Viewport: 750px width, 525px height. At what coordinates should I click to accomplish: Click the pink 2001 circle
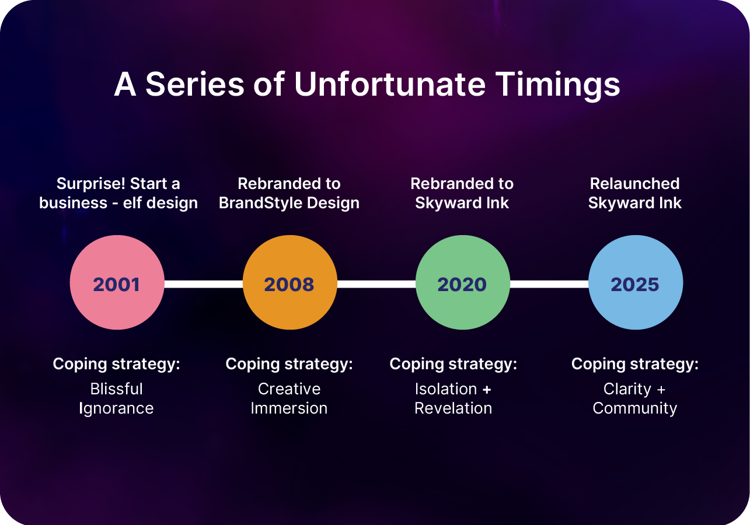pyautogui.click(x=117, y=282)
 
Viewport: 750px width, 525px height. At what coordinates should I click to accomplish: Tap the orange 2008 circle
pyautogui.click(x=290, y=282)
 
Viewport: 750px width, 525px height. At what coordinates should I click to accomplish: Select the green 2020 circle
pyautogui.click(x=463, y=282)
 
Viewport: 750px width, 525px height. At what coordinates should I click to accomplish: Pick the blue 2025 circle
pyautogui.click(x=636, y=282)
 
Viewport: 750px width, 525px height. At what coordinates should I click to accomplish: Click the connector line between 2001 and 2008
pyautogui.click(x=204, y=284)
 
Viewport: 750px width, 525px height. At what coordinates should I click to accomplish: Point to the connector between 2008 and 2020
pyautogui.click(x=376, y=284)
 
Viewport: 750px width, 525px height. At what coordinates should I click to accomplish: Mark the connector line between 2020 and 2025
pyautogui.click(x=549, y=284)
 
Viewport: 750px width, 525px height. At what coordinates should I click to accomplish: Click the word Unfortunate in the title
pyautogui.click(x=390, y=84)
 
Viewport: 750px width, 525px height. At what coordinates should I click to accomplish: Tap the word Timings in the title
pyautogui.click(x=558, y=86)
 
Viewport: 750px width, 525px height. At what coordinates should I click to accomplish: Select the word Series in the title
pyautogui.click(x=195, y=84)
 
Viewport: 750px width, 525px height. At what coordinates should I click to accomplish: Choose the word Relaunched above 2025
pyautogui.click(x=635, y=183)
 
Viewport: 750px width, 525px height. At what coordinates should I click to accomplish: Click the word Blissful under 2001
pyautogui.click(x=117, y=389)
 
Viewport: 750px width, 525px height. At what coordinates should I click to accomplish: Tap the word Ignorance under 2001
pyautogui.click(x=116, y=409)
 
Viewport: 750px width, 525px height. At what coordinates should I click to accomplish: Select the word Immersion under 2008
pyautogui.click(x=289, y=408)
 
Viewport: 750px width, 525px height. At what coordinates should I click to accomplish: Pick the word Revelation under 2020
pyautogui.click(x=454, y=408)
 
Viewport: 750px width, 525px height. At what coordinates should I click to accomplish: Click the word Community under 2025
pyautogui.click(x=635, y=409)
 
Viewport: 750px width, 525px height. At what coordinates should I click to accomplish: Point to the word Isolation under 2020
pyautogui.click(x=446, y=389)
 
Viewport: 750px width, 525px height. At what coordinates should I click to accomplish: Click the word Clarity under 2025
pyautogui.click(x=627, y=390)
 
